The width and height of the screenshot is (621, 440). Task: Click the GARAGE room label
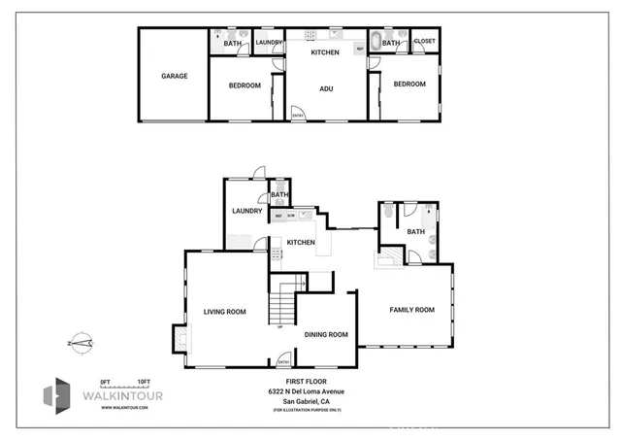coord(175,76)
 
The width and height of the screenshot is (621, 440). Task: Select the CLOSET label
coord(424,42)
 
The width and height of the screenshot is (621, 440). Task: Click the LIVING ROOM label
coord(224,312)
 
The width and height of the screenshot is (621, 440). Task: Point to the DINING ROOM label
coord(326,335)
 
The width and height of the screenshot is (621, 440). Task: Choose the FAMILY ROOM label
coord(411,310)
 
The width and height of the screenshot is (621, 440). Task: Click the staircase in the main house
coord(281,301)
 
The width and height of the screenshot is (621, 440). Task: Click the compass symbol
coord(80,342)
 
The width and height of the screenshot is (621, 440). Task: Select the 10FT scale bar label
coord(143,382)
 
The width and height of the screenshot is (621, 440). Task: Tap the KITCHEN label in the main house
coord(300,242)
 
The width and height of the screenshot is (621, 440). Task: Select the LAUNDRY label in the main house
coord(246,211)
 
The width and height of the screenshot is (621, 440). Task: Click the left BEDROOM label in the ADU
coord(245,85)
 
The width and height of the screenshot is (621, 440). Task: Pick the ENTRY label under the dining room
coord(284,363)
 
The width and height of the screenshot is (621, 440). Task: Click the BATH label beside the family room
coord(416,231)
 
